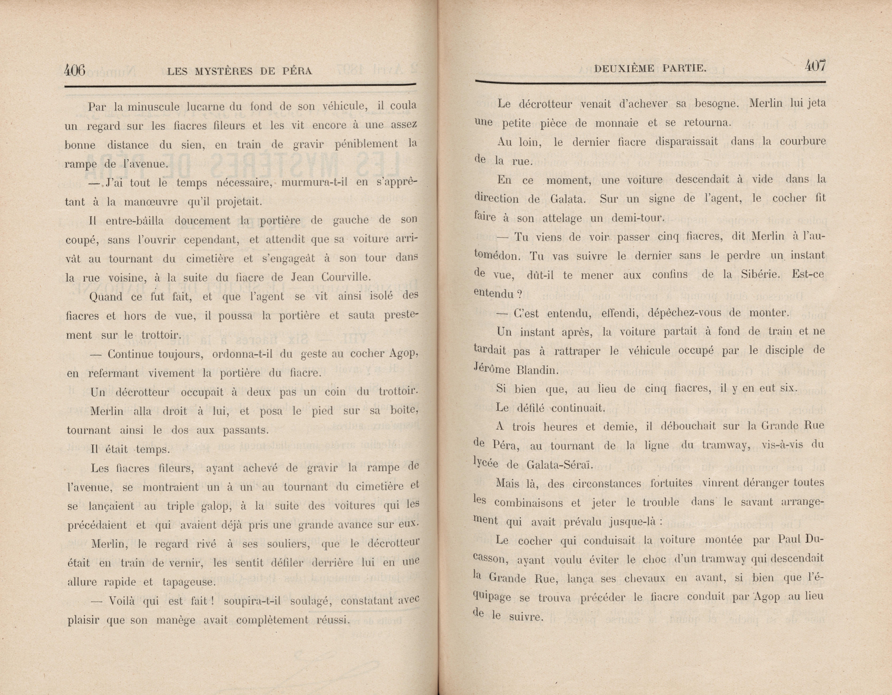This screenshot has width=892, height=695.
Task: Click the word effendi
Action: (x=618, y=313)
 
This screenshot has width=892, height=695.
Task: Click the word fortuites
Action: (x=671, y=483)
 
